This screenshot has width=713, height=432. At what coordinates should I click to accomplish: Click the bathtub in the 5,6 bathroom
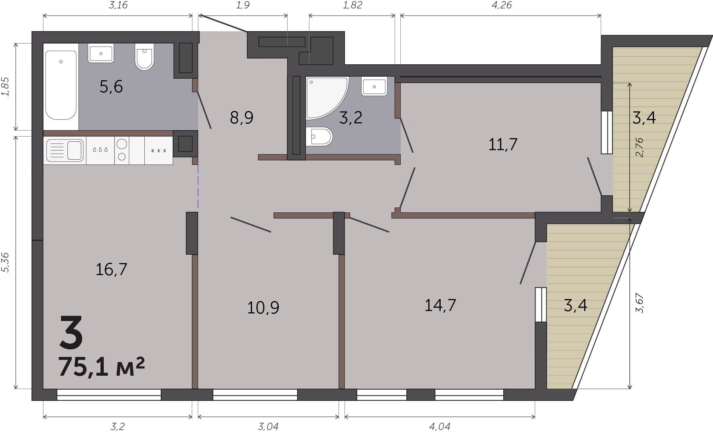tap(61, 85)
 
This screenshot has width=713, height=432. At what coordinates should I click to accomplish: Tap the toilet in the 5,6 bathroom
tap(144, 56)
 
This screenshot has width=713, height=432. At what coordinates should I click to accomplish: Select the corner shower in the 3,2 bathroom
tap(327, 98)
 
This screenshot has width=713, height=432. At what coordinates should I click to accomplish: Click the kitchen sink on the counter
tap(65, 151)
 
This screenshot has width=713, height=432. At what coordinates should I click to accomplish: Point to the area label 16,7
tap(111, 270)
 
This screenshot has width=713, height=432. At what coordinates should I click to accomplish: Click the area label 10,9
tap(263, 308)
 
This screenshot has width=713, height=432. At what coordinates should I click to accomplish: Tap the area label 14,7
tap(440, 305)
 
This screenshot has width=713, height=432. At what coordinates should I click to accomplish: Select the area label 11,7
tap(503, 144)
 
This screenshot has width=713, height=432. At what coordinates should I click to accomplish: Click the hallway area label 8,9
tap(242, 118)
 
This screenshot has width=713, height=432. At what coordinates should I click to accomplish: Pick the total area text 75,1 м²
tap(101, 367)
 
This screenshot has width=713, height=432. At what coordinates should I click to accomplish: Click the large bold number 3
tap(71, 331)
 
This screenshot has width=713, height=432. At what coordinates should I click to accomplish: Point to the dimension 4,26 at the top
tap(502, 5)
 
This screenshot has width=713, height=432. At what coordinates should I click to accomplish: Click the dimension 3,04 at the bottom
tap(268, 426)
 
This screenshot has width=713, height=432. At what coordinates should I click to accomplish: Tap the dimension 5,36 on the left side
tap(5, 262)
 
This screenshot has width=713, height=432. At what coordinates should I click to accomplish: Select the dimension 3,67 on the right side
tap(640, 303)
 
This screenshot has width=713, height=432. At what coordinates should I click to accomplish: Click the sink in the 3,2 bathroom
tap(374, 86)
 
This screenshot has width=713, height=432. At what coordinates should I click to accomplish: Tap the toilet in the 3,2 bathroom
tap(319, 137)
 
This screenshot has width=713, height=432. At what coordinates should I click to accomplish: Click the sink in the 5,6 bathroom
tap(101, 53)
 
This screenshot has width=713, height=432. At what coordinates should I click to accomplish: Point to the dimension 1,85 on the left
tap(5, 86)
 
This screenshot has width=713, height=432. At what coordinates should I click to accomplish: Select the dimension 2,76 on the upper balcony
tap(639, 147)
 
